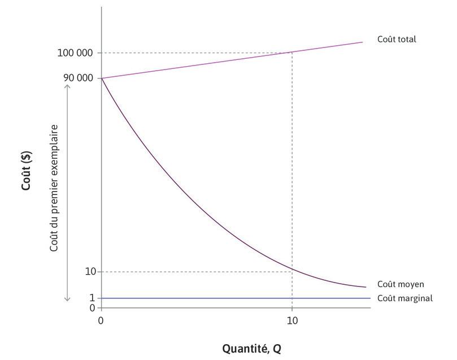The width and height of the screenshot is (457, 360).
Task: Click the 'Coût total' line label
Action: [x=397, y=40]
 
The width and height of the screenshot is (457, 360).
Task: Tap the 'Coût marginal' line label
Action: [x=404, y=298]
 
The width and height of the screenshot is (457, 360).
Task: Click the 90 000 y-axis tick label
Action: [x=79, y=78]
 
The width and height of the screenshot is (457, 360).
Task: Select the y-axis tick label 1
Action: [x=92, y=298]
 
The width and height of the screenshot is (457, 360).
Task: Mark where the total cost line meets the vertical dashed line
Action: [x=291, y=53]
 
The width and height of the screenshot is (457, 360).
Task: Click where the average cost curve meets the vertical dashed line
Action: [x=291, y=268]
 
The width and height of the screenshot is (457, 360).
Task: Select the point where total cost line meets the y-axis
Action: [x=102, y=78]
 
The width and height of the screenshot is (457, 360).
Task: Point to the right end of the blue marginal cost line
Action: [x=370, y=298]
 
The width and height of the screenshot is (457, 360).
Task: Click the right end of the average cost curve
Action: [x=366, y=287]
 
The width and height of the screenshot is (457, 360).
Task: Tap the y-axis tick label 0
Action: [x=92, y=308]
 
